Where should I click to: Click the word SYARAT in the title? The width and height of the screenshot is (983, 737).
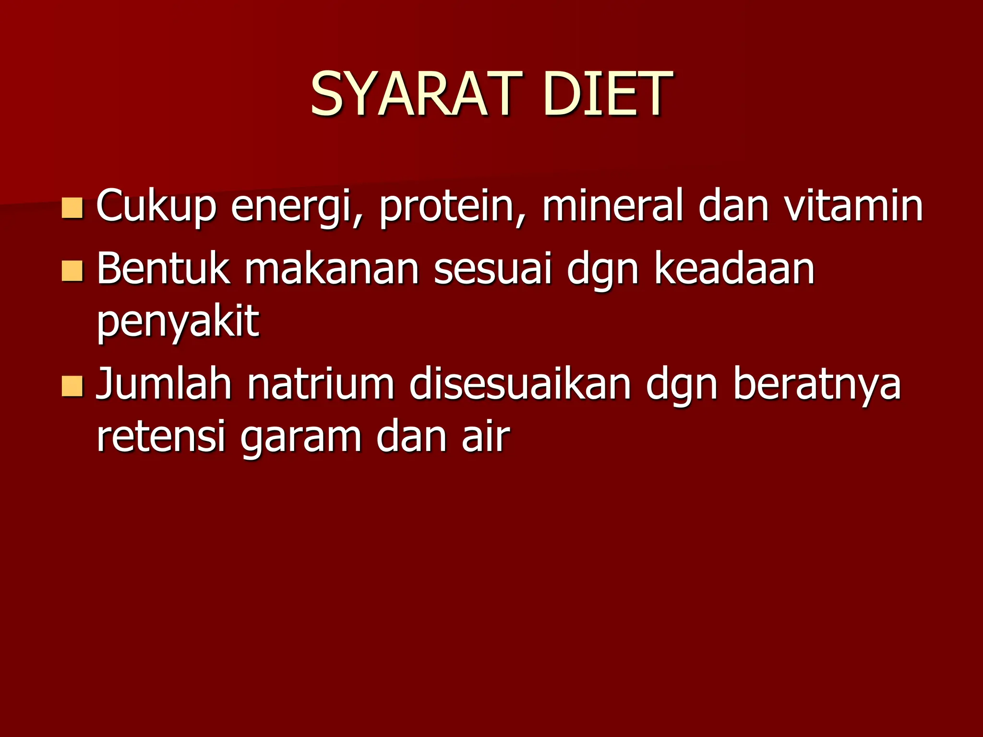coord(416,94)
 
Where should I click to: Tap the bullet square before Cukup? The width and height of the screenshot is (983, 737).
coord(72,208)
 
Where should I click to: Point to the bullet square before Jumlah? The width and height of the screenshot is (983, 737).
coord(72,387)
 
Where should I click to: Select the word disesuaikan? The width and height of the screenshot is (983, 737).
coord(520,384)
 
